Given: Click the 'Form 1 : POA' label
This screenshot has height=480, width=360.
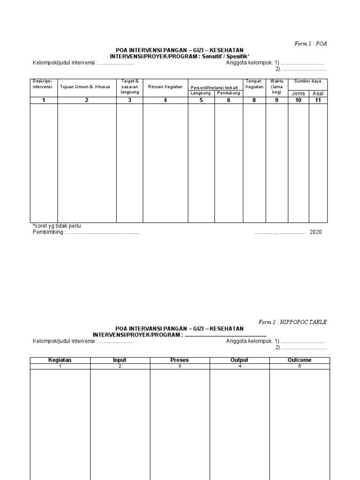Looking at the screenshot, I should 310,44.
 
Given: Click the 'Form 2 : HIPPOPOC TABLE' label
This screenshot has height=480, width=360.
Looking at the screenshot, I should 292,322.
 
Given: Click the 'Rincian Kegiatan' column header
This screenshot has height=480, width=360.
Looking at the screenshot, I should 165,87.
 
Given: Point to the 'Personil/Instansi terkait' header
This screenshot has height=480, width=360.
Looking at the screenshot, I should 214,87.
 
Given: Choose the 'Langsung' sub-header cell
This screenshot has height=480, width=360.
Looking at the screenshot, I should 201,93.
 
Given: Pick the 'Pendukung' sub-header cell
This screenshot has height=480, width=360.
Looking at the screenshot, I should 229,93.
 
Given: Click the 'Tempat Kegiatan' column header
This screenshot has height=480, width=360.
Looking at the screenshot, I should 255,84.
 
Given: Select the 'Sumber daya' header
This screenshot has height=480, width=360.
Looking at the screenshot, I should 307,82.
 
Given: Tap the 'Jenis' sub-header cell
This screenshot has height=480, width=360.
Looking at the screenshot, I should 298,93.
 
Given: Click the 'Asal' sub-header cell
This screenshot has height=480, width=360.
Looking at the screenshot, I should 318,93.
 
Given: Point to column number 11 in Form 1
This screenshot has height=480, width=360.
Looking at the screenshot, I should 318,100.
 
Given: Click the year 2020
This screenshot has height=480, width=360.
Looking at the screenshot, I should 315,232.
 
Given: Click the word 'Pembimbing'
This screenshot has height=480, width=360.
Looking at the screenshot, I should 48,232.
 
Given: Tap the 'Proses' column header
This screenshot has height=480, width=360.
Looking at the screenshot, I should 180,360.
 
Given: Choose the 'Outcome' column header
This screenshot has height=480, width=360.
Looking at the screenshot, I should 299,360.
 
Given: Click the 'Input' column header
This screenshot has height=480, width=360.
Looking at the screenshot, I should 120,360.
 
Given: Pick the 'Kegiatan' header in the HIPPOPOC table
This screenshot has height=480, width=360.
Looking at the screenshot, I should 60,360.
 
